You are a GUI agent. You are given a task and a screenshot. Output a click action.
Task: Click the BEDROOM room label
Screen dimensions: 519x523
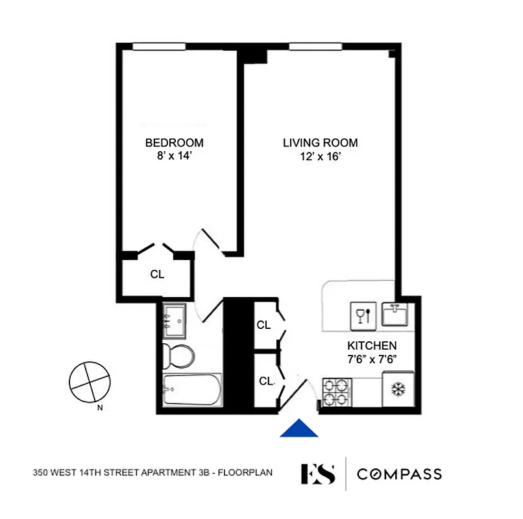pos(174,143)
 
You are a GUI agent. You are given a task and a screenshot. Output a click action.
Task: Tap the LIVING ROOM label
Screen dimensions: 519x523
pos(320,143)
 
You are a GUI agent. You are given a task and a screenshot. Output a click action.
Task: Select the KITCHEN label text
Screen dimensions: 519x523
pos(372,346)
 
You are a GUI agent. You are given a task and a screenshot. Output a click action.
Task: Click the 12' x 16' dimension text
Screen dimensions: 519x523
pos(320,156)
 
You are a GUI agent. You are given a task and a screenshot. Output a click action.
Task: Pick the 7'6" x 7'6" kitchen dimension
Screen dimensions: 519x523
pos(372,358)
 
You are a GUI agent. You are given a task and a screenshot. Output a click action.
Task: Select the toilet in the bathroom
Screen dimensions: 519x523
pos(177,356)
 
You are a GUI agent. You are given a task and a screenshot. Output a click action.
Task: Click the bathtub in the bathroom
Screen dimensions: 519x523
pos(190,391)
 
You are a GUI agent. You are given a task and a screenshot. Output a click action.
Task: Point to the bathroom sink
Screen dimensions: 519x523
pos(174,320)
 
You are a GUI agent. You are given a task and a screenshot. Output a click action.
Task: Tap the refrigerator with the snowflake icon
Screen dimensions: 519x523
pos(397,389)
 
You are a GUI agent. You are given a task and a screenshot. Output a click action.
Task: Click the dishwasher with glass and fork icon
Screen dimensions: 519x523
pos(363,315)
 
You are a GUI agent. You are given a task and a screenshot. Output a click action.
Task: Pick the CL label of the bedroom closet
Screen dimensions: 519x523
pos(157,274)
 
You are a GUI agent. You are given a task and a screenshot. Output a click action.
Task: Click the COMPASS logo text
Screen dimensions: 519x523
pos(400,474)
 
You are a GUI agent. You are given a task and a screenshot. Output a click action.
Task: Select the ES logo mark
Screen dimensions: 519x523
pos(318,474)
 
